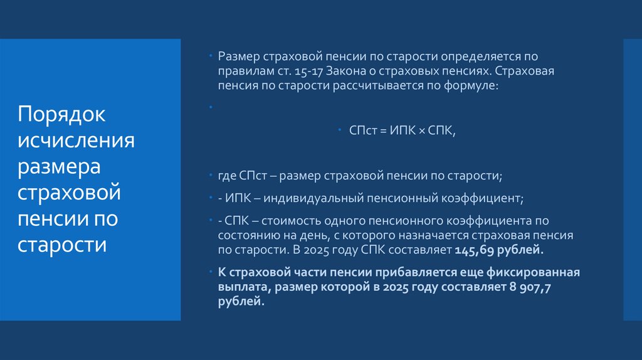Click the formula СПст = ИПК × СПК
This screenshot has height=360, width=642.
402,130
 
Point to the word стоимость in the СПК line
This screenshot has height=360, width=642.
284,221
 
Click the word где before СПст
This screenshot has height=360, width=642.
226,176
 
